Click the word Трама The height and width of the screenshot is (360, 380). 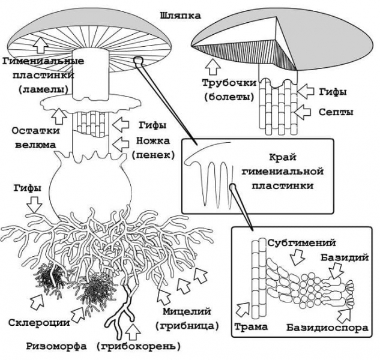[247, 328]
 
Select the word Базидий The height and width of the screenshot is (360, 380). [350, 257]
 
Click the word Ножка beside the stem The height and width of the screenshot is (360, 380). [152, 142]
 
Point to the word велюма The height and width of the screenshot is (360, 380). [28, 144]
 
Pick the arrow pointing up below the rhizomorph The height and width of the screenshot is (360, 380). [133, 332]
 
